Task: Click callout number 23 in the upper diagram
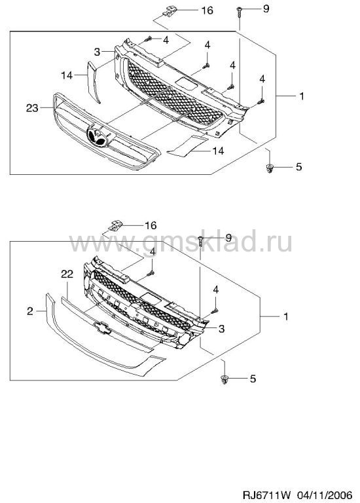32,108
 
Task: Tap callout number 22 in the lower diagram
67,274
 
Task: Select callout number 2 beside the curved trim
30,311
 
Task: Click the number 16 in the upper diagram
207,10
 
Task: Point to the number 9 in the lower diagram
228,238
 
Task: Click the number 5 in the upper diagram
298,167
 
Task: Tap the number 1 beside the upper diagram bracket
301,96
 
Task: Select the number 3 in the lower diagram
221,329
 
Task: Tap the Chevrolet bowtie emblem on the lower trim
103,327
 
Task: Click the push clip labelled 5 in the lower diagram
224,379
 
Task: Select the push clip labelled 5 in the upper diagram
270,168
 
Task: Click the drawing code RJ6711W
266,494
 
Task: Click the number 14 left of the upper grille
67,75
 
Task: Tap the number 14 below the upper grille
218,151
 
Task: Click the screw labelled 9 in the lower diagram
200,240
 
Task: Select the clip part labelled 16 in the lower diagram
116,225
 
